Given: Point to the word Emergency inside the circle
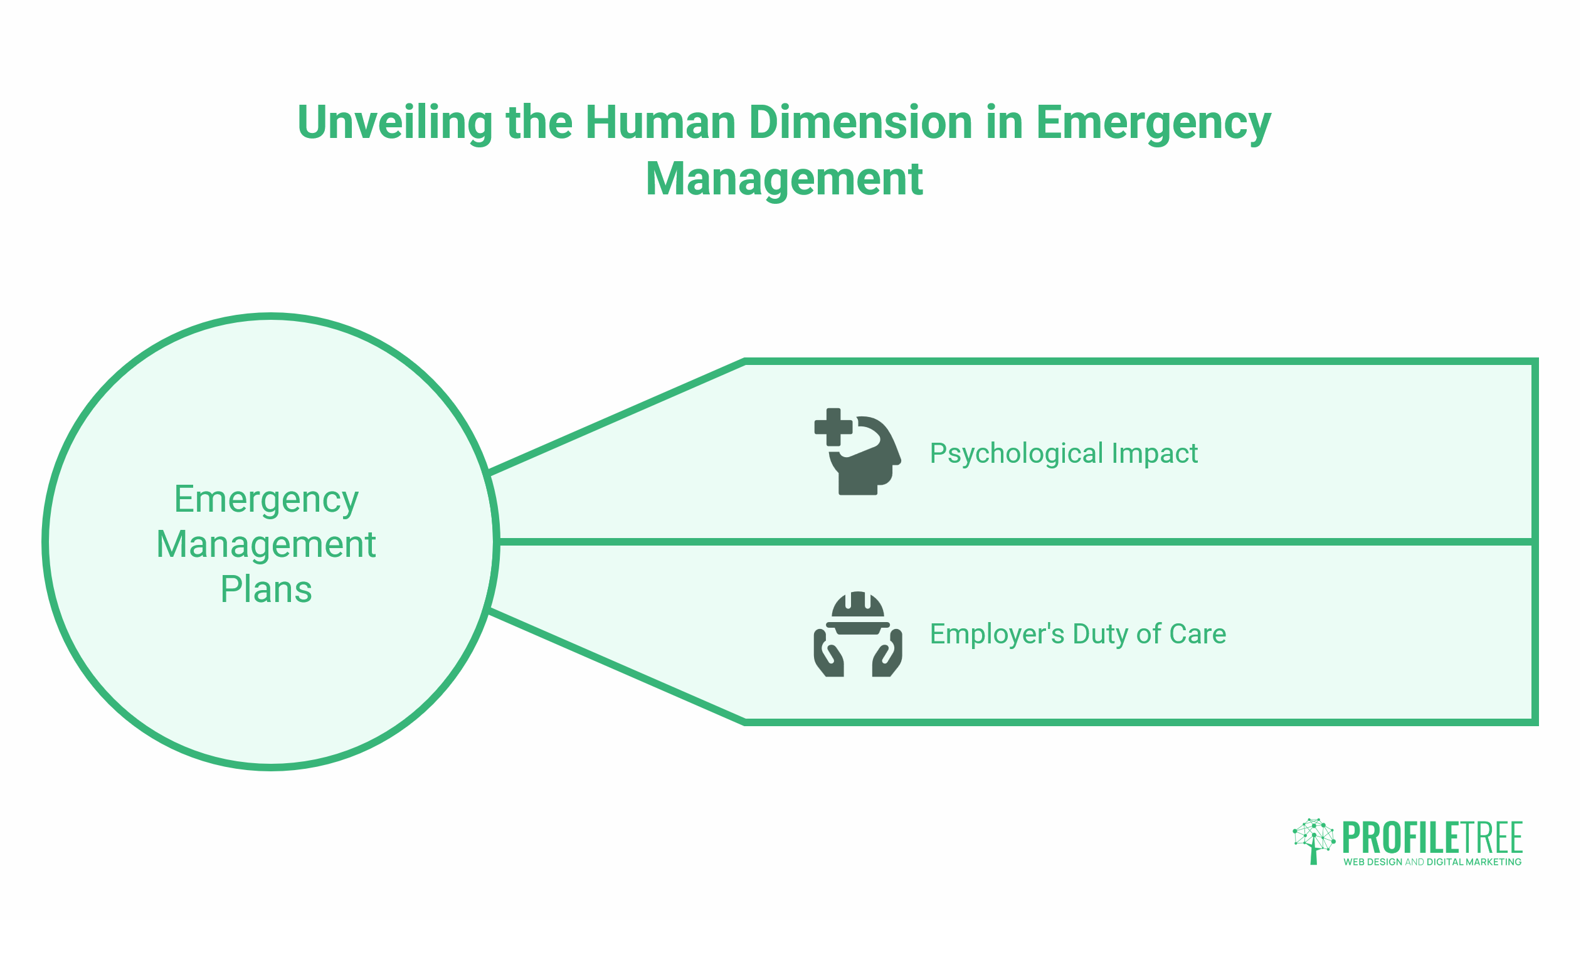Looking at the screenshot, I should (266, 500).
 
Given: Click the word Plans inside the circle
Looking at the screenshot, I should (266, 589).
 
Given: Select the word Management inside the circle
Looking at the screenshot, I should (266, 544).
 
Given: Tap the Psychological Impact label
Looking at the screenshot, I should (1064, 453).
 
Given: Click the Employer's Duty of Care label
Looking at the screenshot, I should (1078, 634).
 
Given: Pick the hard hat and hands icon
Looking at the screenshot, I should (857, 634).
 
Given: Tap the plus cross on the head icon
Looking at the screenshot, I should (833, 427).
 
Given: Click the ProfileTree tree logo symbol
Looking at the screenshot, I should (1314, 841).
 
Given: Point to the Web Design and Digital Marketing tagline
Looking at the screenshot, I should (1432, 862).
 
